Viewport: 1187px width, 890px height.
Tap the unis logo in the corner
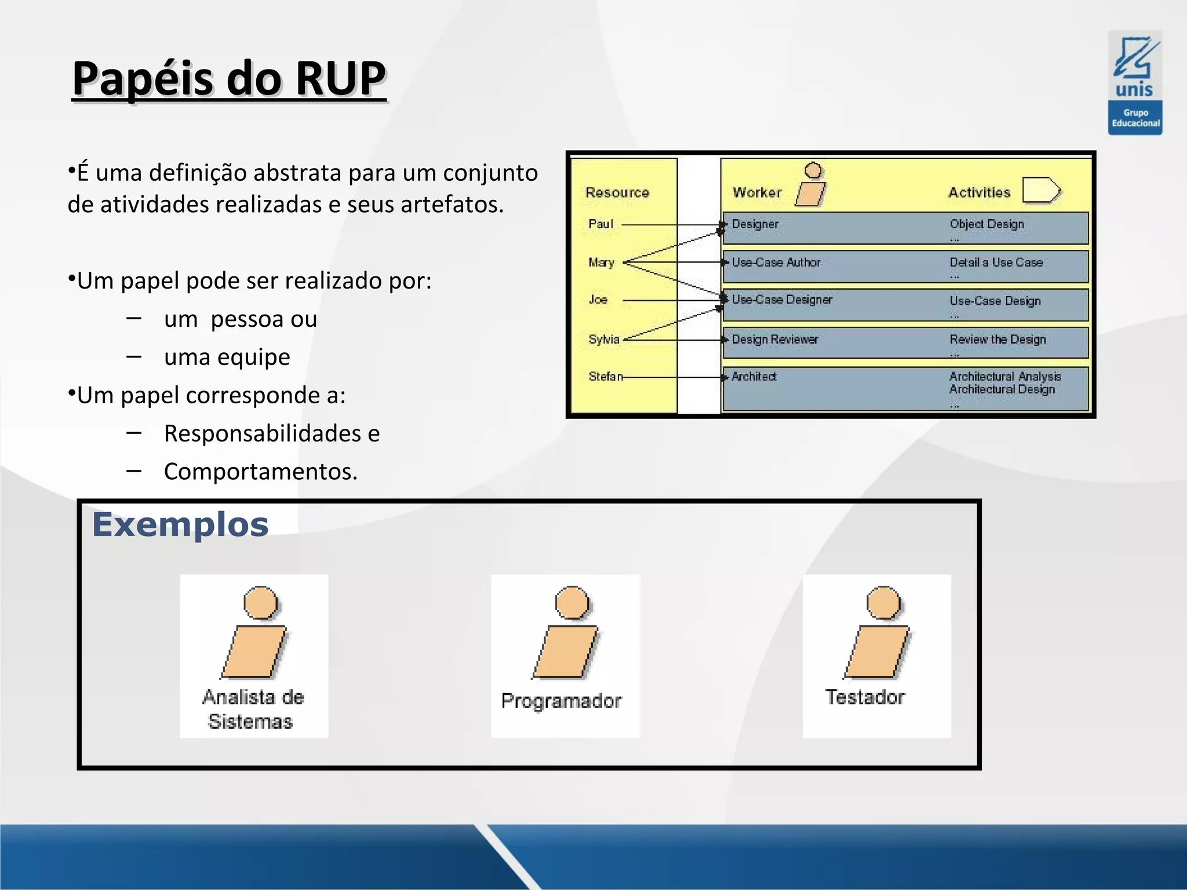[x=1135, y=83]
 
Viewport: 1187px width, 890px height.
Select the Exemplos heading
[x=180, y=525]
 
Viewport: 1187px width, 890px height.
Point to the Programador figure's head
[x=571, y=602]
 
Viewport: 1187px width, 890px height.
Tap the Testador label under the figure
[x=865, y=697]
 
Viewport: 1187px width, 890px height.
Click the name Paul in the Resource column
[x=600, y=224]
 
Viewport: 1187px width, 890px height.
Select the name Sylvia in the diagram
[x=603, y=340]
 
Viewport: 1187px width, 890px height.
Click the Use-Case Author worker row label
[x=776, y=262]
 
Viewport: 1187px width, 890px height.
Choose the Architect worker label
[x=753, y=377]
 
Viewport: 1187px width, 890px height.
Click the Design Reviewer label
[x=774, y=340]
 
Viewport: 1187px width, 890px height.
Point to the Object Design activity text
[x=986, y=224]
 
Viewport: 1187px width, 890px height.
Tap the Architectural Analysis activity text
[x=1005, y=377]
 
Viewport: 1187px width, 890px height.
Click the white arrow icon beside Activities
[x=1041, y=190]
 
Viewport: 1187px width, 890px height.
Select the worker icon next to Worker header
[x=811, y=185]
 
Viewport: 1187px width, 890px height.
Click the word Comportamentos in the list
[x=260, y=472]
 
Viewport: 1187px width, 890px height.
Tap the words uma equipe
[x=227, y=358]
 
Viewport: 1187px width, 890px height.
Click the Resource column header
[x=617, y=192]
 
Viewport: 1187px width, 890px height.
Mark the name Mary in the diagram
[x=601, y=262]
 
